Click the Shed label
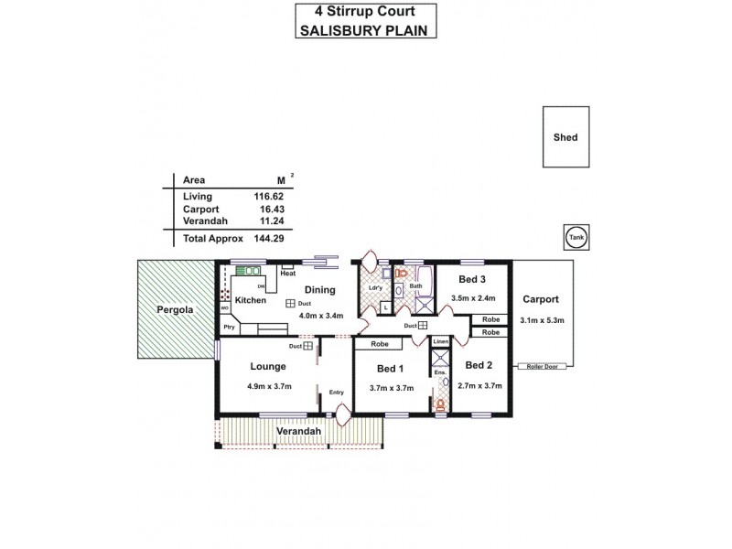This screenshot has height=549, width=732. point(565,138)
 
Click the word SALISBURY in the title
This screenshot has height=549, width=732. point(335,29)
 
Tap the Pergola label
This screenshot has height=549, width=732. point(174,309)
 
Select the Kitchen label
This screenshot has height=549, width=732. point(250,300)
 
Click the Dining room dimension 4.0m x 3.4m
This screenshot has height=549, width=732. point(321,317)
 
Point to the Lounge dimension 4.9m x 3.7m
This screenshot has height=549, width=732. point(269,386)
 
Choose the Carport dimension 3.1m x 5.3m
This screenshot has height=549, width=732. point(542,320)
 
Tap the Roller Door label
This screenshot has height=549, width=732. point(542,366)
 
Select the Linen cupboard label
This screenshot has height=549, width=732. point(440,341)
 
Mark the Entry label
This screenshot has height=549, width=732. point(337,393)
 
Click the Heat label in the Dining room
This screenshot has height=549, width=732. point(287,274)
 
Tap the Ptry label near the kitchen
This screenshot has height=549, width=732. point(229,327)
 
